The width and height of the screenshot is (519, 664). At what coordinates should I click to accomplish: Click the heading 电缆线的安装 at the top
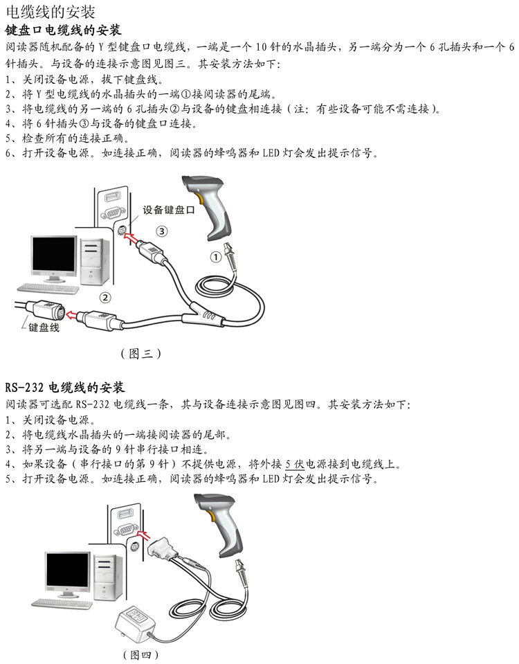click(x=51, y=12)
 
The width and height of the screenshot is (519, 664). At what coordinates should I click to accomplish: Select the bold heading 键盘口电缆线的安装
click(x=63, y=30)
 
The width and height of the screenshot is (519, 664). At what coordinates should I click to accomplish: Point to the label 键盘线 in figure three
click(x=44, y=327)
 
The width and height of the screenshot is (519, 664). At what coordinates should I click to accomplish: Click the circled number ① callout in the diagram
click(x=216, y=257)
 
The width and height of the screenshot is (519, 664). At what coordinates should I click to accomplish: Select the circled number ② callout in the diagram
click(x=105, y=298)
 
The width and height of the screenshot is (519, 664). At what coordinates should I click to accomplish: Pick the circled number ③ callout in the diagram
click(x=161, y=230)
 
